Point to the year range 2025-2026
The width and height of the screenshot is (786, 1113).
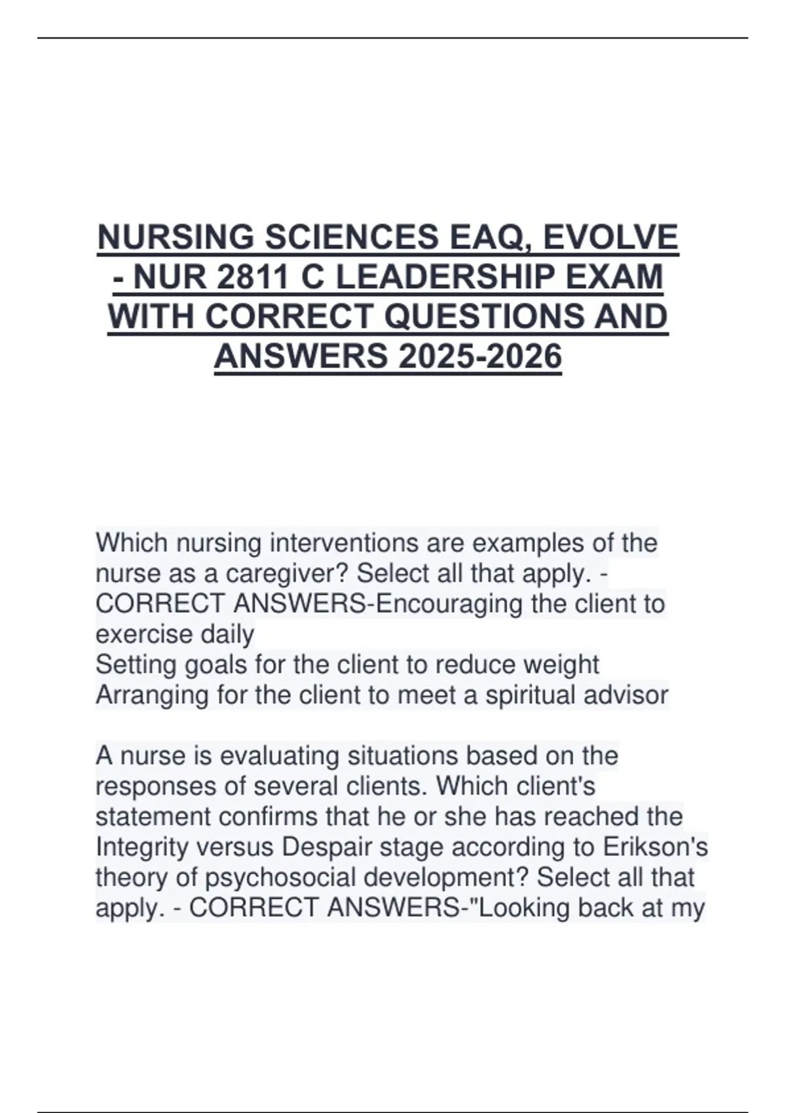tap(479, 357)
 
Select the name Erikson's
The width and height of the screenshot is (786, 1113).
tap(654, 847)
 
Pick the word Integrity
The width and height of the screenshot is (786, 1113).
tap(137, 847)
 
